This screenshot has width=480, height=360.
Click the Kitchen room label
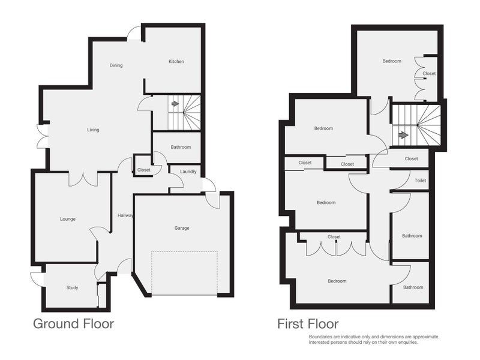(x=176, y=61)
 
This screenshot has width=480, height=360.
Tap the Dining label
(x=116, y=65)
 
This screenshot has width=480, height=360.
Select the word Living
(x=93, y=130)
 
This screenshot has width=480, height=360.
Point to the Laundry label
(x=188, y=172)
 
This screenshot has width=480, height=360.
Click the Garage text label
(x=182, y=228)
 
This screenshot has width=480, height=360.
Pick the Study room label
(x=72, y=287)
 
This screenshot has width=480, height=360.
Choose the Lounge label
(x=67, y=219)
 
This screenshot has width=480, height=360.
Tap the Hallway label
(x=125, y=215)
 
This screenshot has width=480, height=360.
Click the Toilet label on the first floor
(x=420, y=181)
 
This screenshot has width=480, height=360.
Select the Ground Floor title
(x=73, y=324)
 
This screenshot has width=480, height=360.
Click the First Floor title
(x=307, y=324)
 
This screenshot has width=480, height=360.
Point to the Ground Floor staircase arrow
(x=175, y=104)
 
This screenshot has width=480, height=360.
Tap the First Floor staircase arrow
(x=403, y=135)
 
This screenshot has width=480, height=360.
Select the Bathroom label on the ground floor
(x=180, y=147)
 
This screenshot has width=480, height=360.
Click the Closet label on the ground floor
(x=143, y=170)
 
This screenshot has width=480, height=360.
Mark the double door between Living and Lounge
(x=83, y=178)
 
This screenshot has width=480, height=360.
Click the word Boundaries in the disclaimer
(x=322, y=337)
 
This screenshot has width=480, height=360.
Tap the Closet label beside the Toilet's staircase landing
(x=411, y=159)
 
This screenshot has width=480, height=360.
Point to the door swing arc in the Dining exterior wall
(x=134, y=34)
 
